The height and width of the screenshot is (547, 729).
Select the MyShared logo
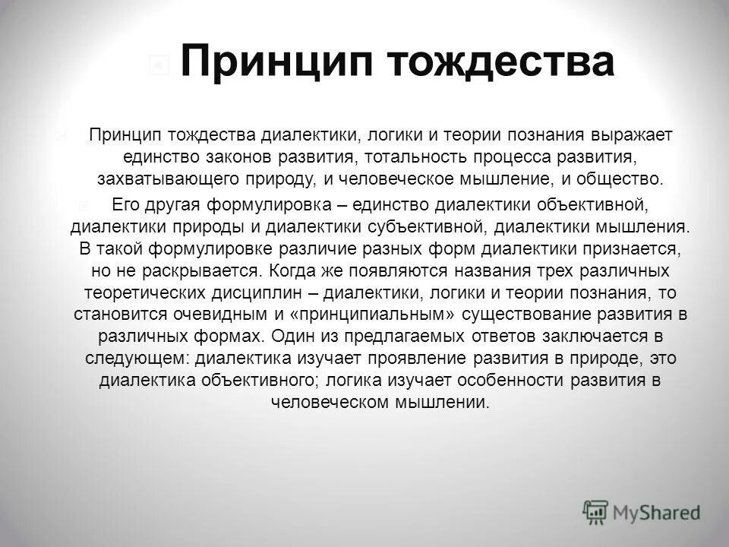point(642,511)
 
